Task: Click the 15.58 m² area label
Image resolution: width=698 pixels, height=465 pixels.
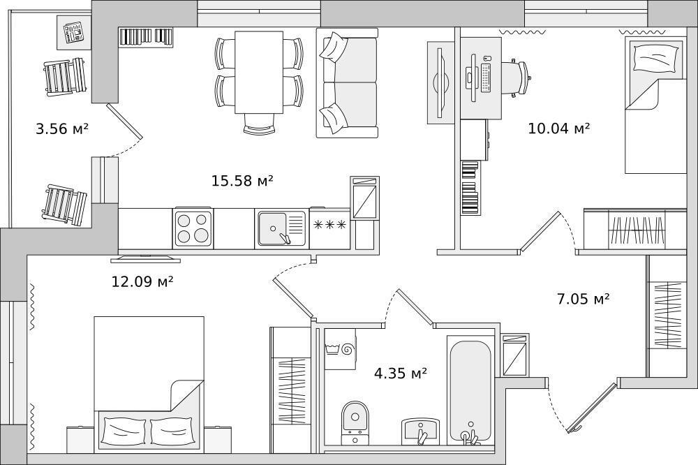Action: [x=242, y=181]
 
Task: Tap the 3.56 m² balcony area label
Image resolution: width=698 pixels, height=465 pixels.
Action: [x=62, y=129]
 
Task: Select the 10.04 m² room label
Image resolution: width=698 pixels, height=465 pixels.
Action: [x=559, y=128]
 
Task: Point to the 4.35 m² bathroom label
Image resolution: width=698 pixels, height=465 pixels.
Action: [x=401, y=373]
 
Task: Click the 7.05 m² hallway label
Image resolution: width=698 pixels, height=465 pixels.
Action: [x=583, y=298]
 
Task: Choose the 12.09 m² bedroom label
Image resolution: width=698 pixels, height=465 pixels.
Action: [x=142, y=281]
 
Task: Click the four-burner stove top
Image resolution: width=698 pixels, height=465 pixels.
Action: [x=193, y=228]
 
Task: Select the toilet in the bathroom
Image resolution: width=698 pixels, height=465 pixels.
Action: [x=355, y=422]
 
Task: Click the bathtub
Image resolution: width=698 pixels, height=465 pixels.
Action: [x=470, y=390]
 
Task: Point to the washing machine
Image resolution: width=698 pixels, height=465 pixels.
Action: [x=340, y=349]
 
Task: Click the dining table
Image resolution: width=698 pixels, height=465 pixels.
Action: [x=259, y=72]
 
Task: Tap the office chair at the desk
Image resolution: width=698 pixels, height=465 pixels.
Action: [x=517, y=78]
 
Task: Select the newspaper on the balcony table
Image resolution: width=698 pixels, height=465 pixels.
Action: [x=73, y=33]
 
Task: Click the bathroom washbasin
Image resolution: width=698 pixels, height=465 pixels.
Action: [x=421, y=431]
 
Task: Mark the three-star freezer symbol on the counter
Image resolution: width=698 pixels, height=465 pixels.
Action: [x=330, y=225]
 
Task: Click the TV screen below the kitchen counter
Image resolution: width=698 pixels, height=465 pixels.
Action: [x=146, y=258]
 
